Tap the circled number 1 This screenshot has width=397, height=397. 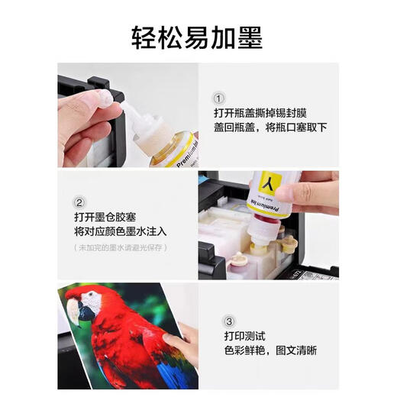point(219,98)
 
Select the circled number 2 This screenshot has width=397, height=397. point(79,203)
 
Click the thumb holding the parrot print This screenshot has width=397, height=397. point(172,341)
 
